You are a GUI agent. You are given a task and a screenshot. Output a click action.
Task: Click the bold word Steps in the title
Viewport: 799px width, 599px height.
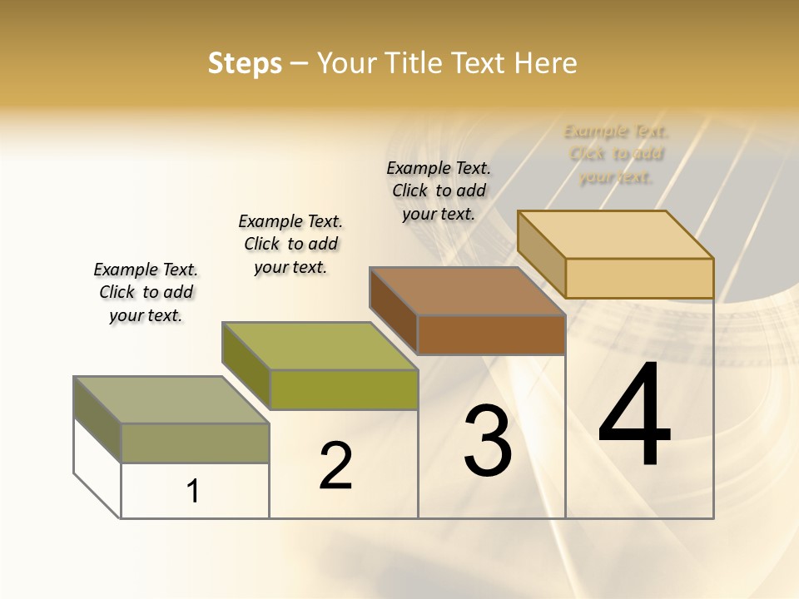(245, 63)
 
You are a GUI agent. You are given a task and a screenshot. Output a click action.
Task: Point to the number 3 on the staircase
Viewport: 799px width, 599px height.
(488, 441)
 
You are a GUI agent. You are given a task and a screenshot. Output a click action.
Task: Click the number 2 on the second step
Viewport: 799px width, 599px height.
(335, 466)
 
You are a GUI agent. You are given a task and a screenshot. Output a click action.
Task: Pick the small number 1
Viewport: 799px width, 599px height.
(193, 491)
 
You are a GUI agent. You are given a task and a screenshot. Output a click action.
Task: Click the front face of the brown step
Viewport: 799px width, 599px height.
(491, 335)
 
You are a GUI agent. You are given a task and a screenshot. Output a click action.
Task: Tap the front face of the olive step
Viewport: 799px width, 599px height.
(344, 389)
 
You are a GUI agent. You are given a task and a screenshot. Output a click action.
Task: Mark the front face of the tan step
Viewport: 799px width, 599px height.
(639, 278)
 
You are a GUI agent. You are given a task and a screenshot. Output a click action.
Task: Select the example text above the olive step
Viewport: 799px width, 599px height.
(290, 244)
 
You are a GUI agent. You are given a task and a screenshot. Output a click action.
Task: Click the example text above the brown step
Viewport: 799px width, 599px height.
(439, 191)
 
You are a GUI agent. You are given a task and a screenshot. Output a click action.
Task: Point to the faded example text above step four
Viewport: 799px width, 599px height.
(616, 154)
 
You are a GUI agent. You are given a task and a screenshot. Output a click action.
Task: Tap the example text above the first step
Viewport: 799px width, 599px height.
(146, 292)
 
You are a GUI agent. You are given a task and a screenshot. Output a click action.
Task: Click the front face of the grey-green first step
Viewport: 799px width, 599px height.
(195, 443)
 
